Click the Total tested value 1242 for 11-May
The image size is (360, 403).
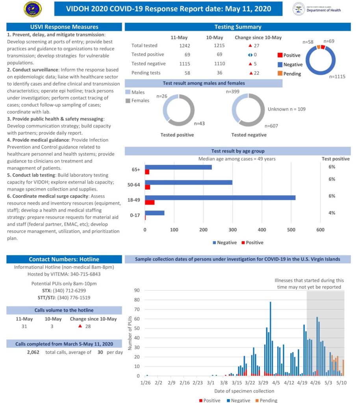point(184,46)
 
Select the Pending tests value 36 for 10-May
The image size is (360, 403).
point(215,73)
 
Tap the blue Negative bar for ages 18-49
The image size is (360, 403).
point(220,198)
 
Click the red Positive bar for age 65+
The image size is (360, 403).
point(147,172)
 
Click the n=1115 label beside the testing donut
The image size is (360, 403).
point(337,77)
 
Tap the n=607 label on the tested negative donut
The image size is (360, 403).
point(271,126)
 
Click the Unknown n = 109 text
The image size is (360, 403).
point(286,109)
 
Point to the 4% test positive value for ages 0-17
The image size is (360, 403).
point(332,213)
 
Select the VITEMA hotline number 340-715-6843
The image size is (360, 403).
point(84,274)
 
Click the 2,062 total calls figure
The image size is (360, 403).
point(33,352)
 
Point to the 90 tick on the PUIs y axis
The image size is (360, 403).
point(137,290)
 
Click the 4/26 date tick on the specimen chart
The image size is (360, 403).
point(315,382)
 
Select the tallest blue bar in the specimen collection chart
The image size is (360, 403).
point(270,338)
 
